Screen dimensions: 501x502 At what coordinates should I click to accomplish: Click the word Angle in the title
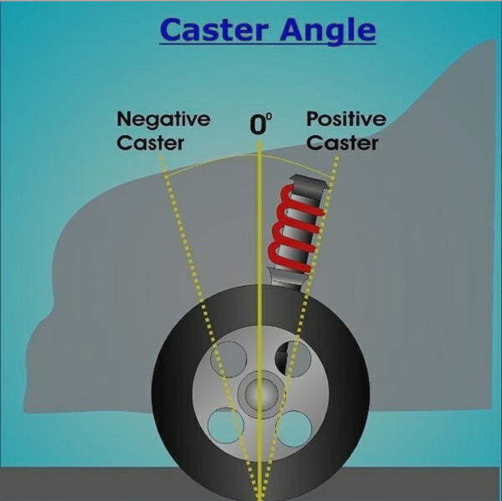click(x=329, y=32)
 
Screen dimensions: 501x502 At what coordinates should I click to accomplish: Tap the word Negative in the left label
click(x=163, y=119)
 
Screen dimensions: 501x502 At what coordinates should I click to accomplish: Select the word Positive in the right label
click(x=346, y=119)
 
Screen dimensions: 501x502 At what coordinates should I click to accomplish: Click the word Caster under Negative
click(x=150, y=143)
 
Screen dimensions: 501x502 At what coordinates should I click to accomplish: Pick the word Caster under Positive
click(x=342, y=143)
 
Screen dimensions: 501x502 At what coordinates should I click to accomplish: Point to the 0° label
click(x=261, y=125)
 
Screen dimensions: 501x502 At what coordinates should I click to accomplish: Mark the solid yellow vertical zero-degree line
click(x=260, y=250)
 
